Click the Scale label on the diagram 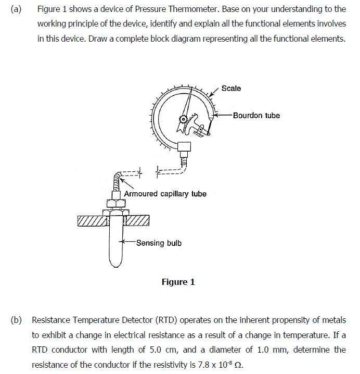pos(231,89)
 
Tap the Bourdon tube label pos(256,116)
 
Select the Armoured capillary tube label pos(165,194)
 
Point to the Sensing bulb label pos(159,243)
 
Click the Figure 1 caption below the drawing pos(178,282)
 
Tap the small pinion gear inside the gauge pos(183,119)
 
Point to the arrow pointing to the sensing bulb pos(127,242)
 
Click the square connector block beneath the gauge pos(184,147)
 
